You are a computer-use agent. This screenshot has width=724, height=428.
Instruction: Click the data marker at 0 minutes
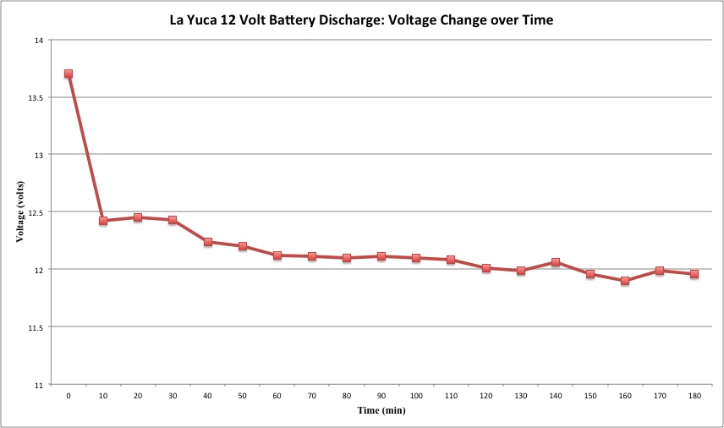pos(69,74)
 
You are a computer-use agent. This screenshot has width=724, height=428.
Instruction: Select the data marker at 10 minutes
pos(103,221)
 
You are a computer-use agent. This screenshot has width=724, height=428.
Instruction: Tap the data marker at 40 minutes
pos(207,242)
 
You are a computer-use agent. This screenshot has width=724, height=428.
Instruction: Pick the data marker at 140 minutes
pos(556,262)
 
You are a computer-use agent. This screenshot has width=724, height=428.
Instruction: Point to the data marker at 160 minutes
pos(625,281)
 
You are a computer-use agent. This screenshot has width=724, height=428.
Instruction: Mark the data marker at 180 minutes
pos(694,274)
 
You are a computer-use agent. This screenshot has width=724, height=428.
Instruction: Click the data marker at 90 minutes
pos(381,255)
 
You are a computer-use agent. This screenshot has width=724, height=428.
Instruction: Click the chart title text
pos(361,19)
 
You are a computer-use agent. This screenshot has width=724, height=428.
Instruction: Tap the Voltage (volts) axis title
pos(20,212)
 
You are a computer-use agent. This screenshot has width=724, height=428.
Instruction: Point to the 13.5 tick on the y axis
pos(38,97)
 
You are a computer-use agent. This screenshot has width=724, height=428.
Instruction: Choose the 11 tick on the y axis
pos(41,385)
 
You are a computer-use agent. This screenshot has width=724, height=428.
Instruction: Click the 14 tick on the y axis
pos(41,40)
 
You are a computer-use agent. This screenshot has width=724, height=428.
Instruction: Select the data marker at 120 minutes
pos(486,268)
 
